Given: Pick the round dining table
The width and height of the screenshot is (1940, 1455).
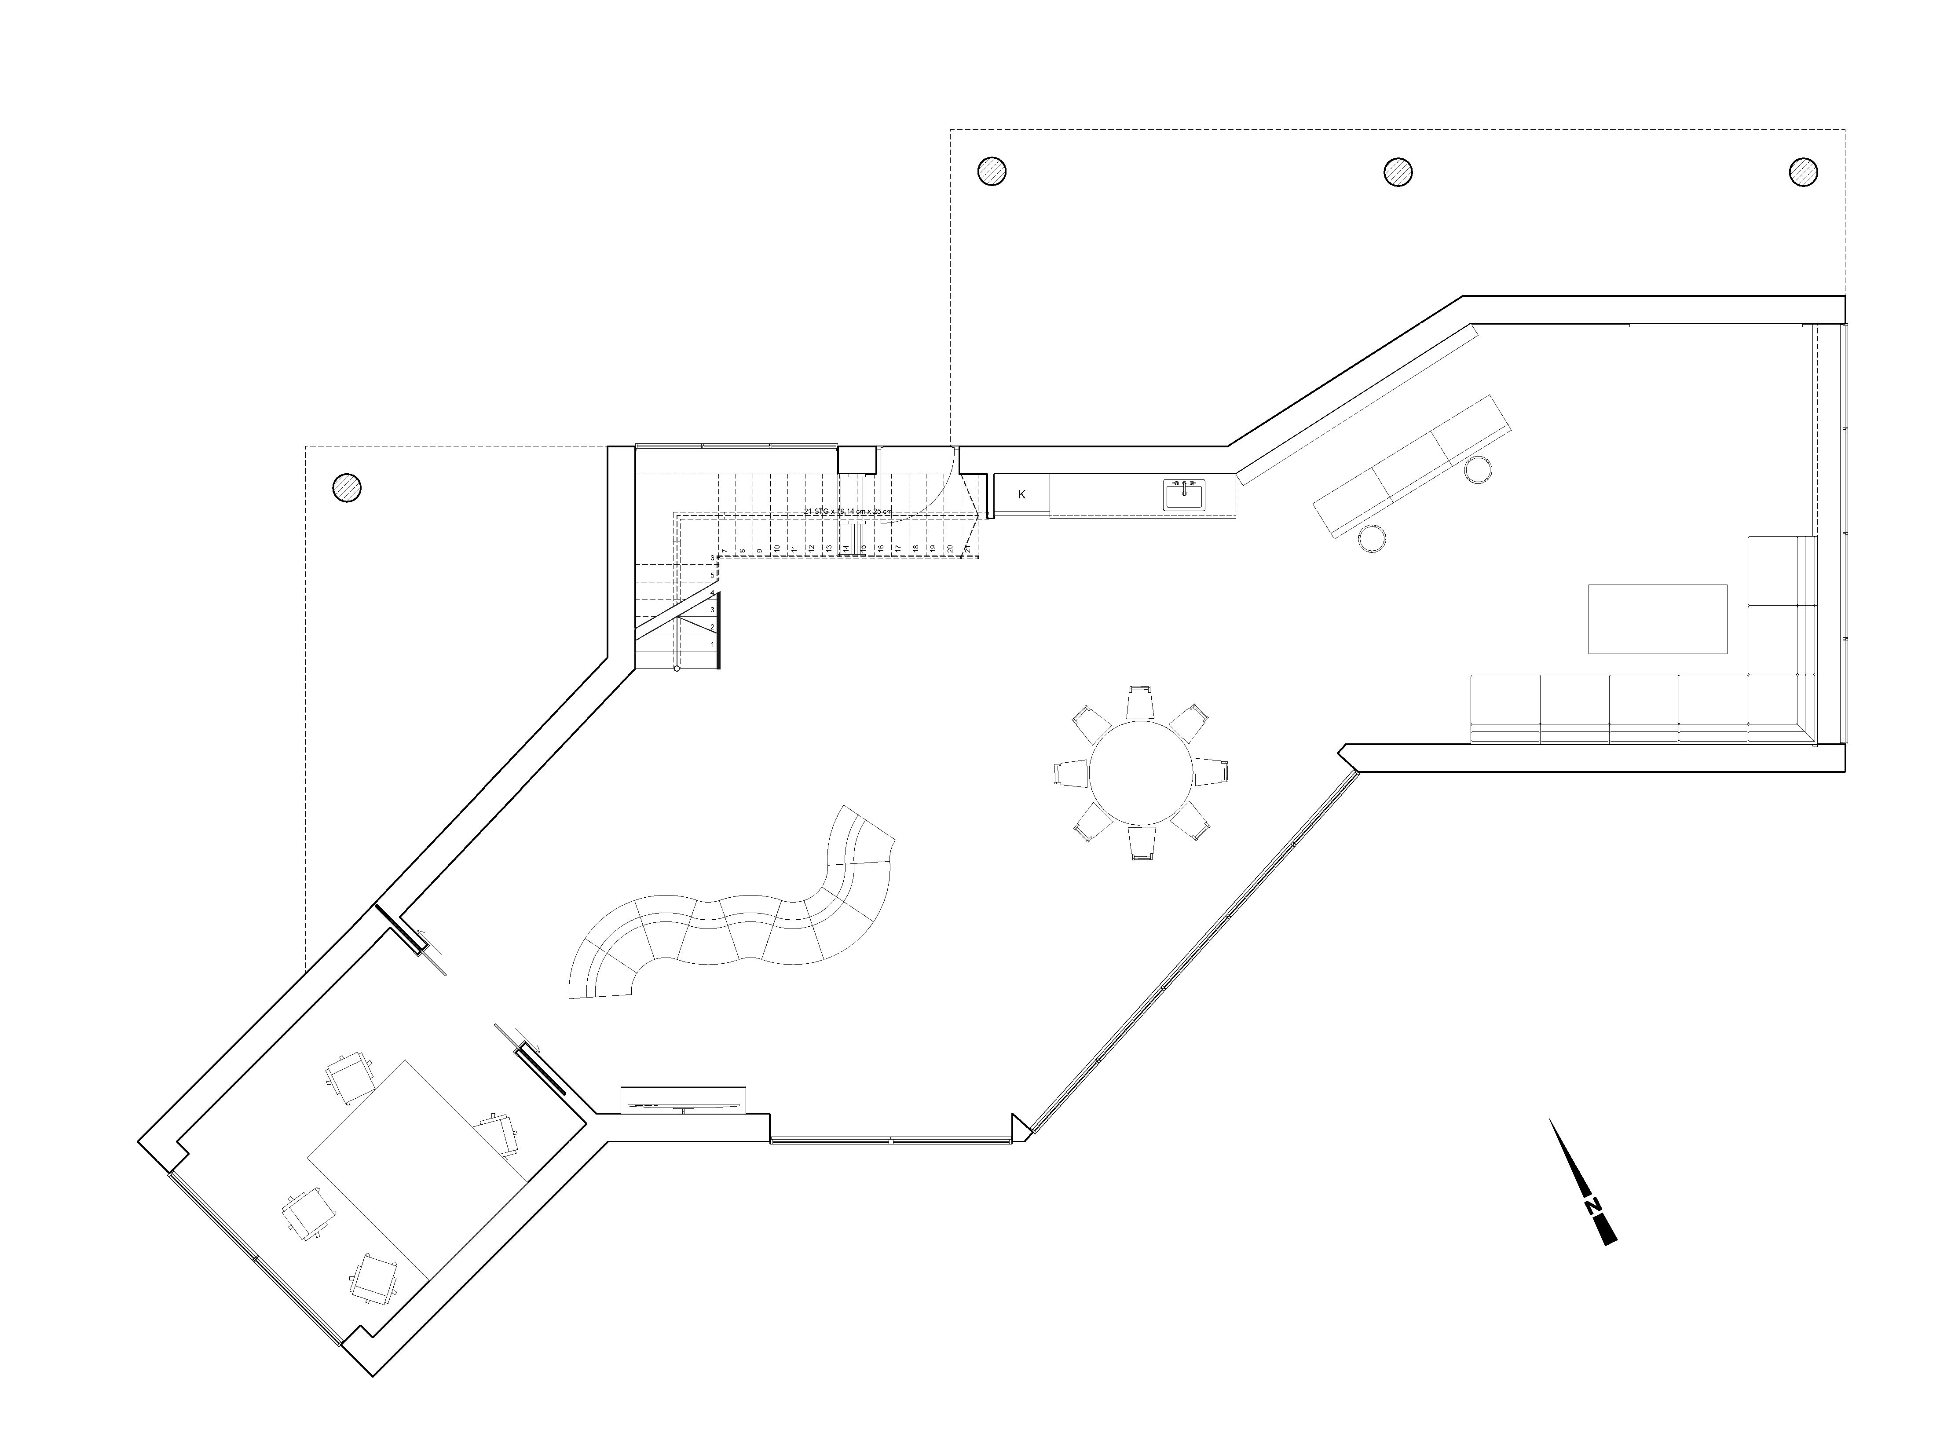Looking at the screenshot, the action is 1141,773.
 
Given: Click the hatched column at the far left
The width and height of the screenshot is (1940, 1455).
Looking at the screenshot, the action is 347,487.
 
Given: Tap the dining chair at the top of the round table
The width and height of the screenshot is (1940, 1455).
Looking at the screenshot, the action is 1140,702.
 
